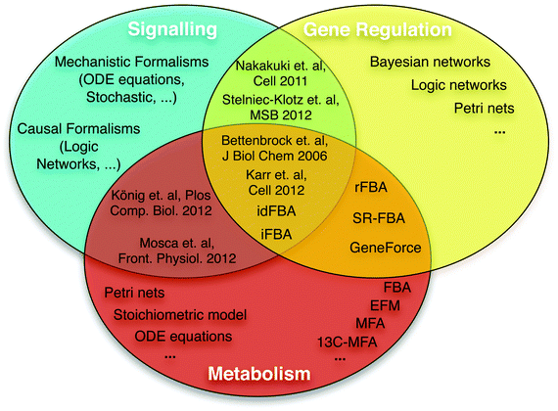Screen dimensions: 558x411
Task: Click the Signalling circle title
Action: click(x=172, y=29)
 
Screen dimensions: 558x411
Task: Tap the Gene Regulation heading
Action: click(x=378, y=29)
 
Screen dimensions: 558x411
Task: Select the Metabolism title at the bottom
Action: click(x=259, y=374)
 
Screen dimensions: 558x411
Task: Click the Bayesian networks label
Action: click(x=430, y=62)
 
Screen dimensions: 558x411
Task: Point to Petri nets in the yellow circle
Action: click(x=484, y=109)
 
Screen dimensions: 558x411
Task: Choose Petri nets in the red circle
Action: click(x=134, y=293)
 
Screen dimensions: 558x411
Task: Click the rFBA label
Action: click(x=371, y=187)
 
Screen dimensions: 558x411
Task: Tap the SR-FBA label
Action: click(x=379, y=218)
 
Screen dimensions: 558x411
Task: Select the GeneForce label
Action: click(x=386, y=248)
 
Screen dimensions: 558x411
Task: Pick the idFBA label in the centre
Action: click(x=276, y=211)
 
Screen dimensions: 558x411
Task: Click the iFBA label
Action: click(x=276, y=234)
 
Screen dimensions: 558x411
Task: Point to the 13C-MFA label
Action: click(x=347, y=342)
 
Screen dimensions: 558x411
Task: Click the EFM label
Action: click(x=385, y=305)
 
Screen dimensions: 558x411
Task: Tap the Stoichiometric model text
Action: click(x=180, y=314)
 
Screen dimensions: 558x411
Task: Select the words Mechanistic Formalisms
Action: click(x=132, y=62)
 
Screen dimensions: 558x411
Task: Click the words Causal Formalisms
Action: click(x=78, y=129)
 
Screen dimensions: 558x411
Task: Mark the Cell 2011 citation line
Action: click(x=280, y=81)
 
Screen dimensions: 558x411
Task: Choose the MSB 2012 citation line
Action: click(x=281, y=114)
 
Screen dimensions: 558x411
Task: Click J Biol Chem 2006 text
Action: click(x=274, y=156)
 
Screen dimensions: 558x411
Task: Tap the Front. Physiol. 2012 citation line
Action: click(x=177, y=258)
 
